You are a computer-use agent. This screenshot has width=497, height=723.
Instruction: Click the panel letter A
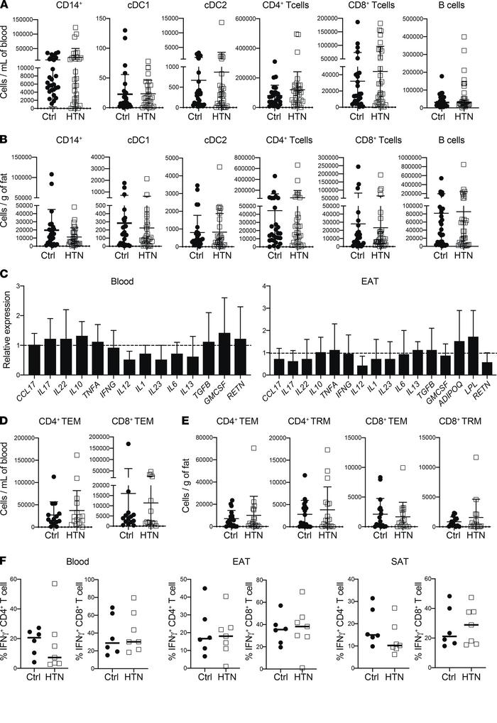coord(6,6)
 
